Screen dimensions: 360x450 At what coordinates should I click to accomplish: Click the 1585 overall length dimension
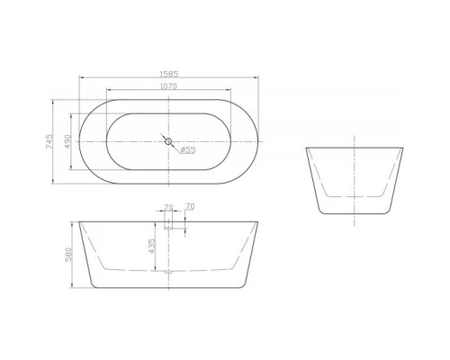tap(168, 75)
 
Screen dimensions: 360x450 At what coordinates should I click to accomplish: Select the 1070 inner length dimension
tap(168, 86)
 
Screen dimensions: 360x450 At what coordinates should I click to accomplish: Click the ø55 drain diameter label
tap(186, 150)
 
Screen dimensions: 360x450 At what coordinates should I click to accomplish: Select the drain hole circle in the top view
tap(168, 140)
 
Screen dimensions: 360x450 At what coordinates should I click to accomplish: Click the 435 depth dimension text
tap(152, 244)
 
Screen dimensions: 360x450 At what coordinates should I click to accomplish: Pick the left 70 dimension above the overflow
tap(168, 207)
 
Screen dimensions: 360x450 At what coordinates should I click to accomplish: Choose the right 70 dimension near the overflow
tap(189, 207)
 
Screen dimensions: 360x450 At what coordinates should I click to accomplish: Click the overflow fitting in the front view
tap(168, 220)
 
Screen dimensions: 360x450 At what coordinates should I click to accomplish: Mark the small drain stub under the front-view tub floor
tap(168, 269)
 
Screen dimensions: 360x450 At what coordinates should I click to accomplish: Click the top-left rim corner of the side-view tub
tap(308, 147)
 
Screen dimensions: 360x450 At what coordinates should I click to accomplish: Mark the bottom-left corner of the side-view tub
tap(323, 212)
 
